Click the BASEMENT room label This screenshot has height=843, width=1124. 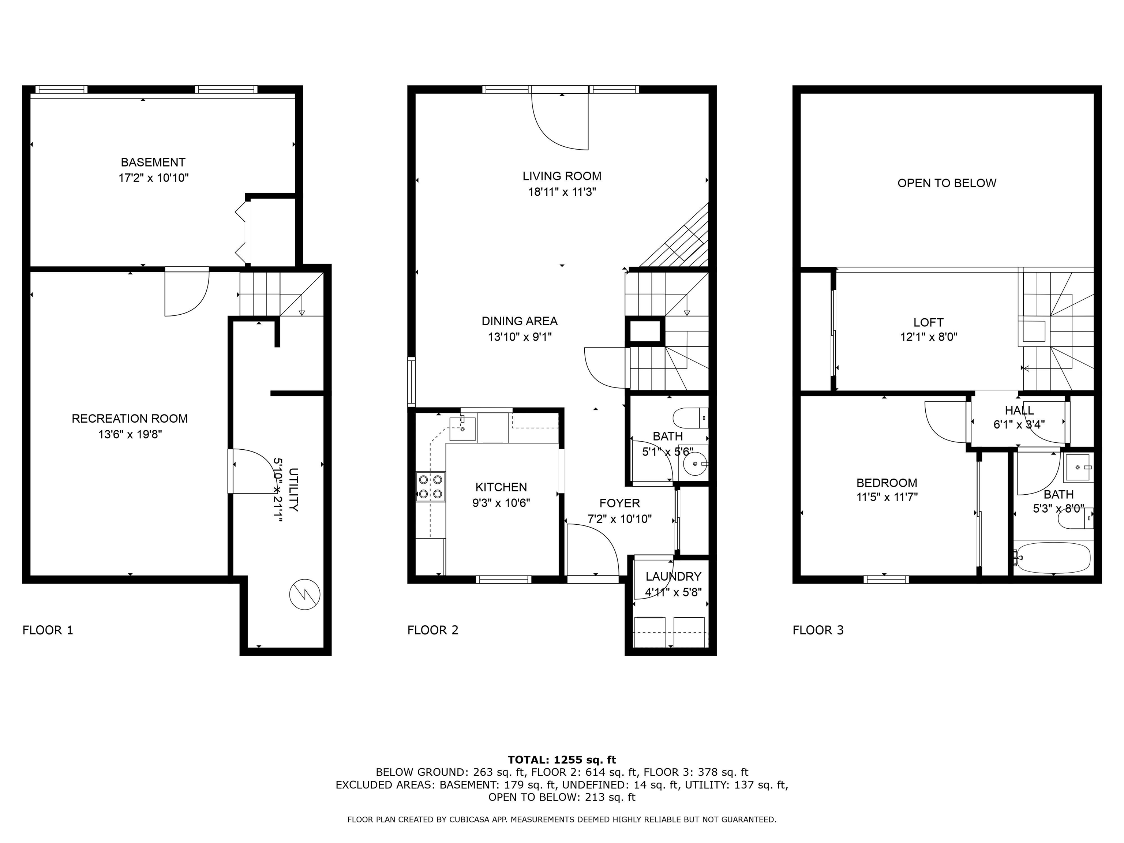point(153,162)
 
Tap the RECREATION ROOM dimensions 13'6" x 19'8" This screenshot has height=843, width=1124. point(130,434)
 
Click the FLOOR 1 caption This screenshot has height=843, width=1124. point(48,630)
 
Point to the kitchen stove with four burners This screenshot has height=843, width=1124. point(430,487)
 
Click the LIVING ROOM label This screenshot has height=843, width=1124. point(562,176)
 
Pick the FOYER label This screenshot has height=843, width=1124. point(619,503)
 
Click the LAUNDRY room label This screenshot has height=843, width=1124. point(673,576)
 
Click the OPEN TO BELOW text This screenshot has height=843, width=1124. point(947,183)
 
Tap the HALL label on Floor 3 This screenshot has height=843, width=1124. point(1019,410)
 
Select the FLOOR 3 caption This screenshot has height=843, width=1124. point(818,630)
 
